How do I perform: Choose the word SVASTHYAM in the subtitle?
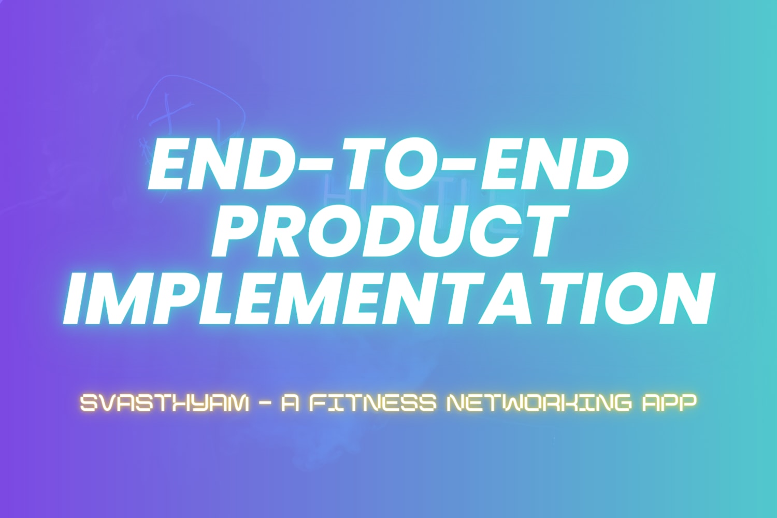164,404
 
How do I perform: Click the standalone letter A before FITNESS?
290,404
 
